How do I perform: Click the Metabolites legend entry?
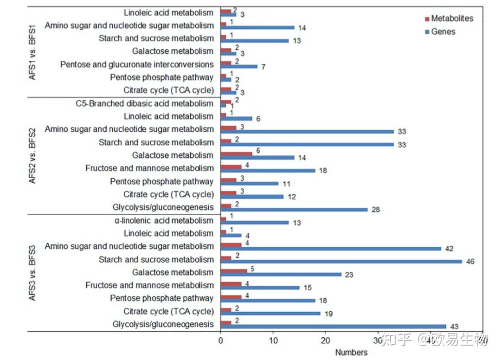tap(452, 19)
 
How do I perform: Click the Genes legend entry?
tap(443, 32)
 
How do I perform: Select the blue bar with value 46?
tap(341, 261)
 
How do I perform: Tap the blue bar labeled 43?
tap(334, 326)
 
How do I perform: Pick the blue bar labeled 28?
tap(294, 209)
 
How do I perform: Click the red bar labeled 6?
tap(237, 154)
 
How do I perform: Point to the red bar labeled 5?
tap(234, 270)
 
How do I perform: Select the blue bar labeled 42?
tap(331, 248)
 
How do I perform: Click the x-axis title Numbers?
tap(351, 353)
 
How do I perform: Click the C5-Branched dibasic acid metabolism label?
tap(144, 103)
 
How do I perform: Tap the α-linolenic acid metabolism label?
tap(164, 220)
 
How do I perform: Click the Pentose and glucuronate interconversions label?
tap(137, 64)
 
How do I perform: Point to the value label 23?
tap(349, 275)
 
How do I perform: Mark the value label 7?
tap(263, 67)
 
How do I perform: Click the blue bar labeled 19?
tap(270, 313)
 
